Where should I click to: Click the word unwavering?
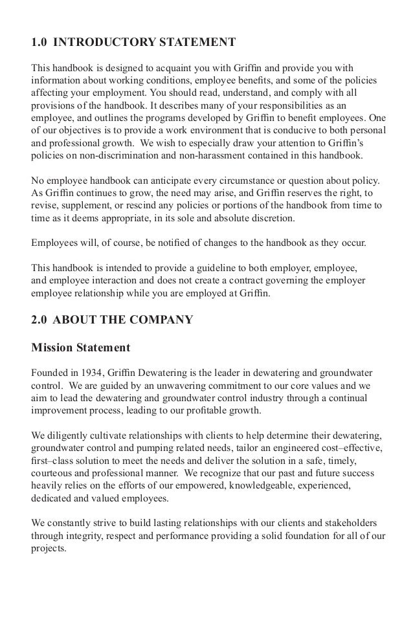click(x=164, y=385)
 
